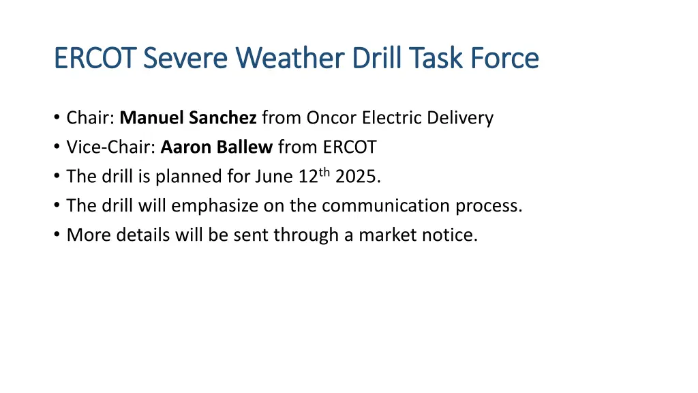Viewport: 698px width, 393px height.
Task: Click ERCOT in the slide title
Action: [95, 58]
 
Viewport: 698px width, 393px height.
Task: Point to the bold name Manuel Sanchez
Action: [188, 118]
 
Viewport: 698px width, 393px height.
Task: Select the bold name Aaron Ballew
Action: [217, 147]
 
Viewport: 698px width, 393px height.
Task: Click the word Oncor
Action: [332, 118]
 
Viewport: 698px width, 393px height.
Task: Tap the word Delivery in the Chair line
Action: [461, 118]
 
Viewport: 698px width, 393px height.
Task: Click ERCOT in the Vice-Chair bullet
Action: [346, 147]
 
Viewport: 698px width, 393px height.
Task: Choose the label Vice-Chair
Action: [111, 147]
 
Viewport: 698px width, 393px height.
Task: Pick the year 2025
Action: [356, 177]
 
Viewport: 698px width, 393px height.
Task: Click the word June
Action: [274, 177]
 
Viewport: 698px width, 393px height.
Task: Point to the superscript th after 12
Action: [324, 172]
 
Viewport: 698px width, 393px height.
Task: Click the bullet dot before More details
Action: [56, 235]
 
